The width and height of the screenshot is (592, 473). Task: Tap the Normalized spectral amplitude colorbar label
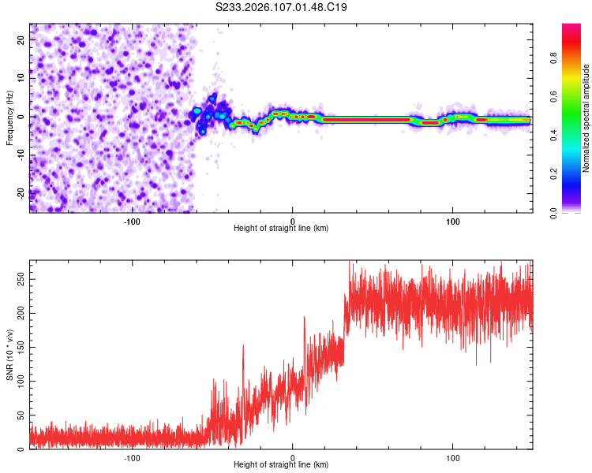[586, 118]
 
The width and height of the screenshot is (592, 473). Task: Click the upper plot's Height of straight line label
[281, 229]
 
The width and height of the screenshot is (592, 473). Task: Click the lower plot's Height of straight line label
[281, 465]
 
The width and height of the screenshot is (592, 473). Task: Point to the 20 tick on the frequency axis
[21, 39]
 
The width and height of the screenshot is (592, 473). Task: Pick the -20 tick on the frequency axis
[19, 193]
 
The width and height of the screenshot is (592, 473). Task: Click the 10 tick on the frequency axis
[21, 77]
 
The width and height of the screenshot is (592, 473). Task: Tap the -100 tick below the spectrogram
[132, 221]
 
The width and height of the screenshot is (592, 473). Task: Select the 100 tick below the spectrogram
[453, 221]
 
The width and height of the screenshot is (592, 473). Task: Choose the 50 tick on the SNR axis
[20, 415]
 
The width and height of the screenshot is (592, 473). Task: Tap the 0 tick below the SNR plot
[293, 457]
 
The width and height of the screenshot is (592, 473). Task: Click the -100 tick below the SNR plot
[132, 457]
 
